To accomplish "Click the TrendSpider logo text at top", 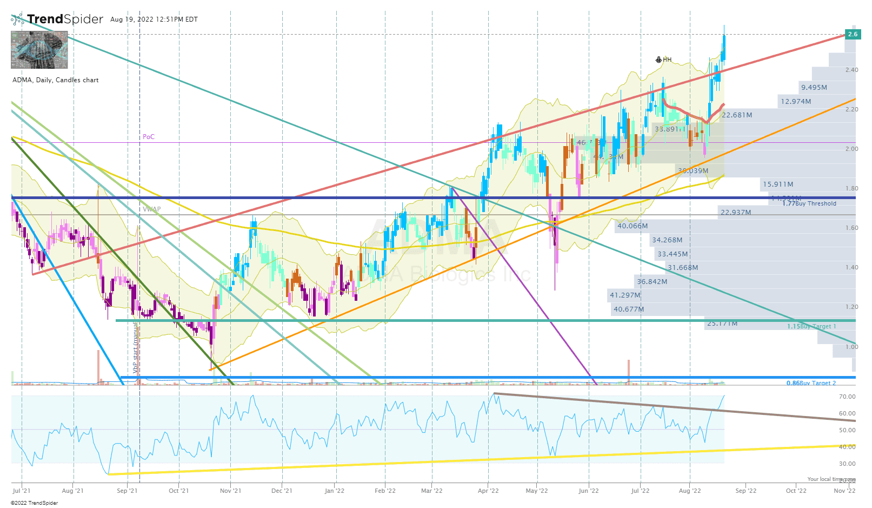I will pos(65,19).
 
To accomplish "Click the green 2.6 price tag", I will pos(853,34).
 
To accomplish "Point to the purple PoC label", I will pos(149,137).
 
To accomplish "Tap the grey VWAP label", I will pos(152,209).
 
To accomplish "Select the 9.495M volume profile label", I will pos(814,88).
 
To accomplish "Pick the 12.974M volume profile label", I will pos(795,102).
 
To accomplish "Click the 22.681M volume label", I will pos(737,115).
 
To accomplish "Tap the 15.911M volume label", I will pos(778,184).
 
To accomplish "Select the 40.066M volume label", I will pos(633,226).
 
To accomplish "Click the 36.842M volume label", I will pos(652,282).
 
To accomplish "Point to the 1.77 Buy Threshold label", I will pos(809,203).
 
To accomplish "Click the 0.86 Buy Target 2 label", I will pos(811,383).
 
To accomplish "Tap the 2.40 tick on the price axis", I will pos(851,70).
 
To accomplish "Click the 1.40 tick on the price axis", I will pos(851,268).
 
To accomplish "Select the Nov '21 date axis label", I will pos(230,491).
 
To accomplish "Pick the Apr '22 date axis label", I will pos(488,491).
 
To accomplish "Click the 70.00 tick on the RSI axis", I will pos(847,397).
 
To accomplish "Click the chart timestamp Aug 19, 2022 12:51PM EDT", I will pos(154,19).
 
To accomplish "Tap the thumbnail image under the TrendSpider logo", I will pos(39,50).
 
